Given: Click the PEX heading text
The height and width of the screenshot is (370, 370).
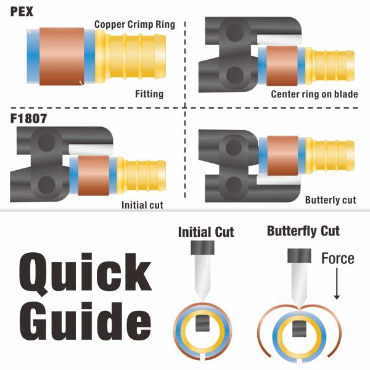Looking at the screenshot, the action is (x=22, y=12).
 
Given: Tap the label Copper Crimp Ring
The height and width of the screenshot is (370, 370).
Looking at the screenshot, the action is (x=134, y=25).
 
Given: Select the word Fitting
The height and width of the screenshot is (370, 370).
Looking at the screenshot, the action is (x=149, y=94).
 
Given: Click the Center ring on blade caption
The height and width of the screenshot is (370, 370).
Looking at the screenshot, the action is (x=314, y=94).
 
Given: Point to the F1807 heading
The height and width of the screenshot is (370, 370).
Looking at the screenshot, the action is (x=28, y=118).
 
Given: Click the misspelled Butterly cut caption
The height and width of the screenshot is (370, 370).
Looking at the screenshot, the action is (x=331, y=200).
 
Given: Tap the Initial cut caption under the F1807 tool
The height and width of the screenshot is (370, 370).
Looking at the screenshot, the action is (x=142, y=205).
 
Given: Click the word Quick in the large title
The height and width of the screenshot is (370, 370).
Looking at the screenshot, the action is (x=85, y=274).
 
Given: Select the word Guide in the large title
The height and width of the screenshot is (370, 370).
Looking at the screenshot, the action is (x=85, y=321).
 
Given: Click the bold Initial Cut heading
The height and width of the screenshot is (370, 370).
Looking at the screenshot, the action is (x=206, y=232).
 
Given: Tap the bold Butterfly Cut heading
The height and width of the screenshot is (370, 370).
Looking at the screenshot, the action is (x=303, y=231).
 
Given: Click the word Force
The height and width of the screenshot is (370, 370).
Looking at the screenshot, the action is (x=338, y=258).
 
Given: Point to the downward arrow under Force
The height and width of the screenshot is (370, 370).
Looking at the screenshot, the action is (x=337, y=284).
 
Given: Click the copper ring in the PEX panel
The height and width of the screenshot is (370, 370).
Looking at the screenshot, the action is (x=62, y=56).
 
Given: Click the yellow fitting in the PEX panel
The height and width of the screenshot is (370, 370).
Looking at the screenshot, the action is (x=130, y=56).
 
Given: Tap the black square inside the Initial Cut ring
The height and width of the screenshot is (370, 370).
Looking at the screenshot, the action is (x=202, y=323).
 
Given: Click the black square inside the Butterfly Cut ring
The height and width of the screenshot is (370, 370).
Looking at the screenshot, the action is (x=299, y=329).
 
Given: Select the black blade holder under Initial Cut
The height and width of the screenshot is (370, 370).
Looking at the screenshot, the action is (x=202, y=247).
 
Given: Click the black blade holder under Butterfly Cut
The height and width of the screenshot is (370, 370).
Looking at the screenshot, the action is (x=299, y=255).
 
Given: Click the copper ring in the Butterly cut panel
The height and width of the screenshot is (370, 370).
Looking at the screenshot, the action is (x=282, y=156).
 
